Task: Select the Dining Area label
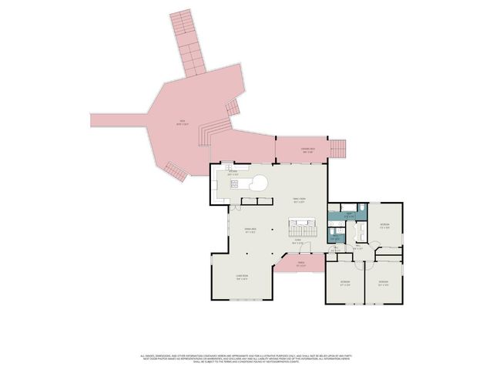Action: [250, 230]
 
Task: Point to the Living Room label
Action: [242, 278]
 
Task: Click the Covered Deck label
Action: [307, 150]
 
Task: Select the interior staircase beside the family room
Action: [302, 229]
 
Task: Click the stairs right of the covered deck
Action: [338, 147]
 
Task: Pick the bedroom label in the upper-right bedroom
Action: [384, 226]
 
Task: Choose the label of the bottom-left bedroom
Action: [346, 282]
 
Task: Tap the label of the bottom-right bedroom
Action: [383, 282]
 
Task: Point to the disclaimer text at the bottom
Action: [246, 358]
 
